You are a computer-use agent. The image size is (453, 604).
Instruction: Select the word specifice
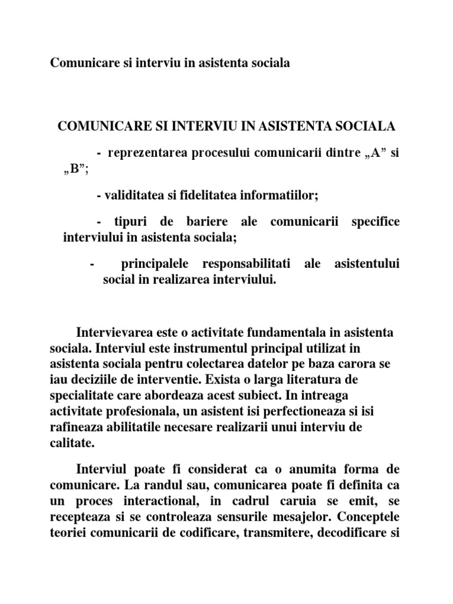pos(375,222)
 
